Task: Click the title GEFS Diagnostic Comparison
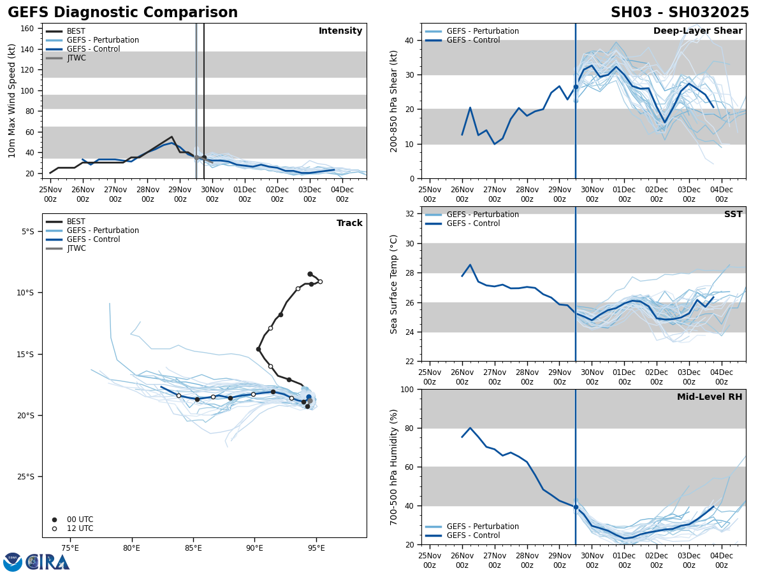(122, 13)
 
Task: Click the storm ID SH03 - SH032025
(680, 13)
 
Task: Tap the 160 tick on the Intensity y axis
(27, 29)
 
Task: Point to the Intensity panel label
(340, 31)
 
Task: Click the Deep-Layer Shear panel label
(697, 31)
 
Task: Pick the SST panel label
(733, 215)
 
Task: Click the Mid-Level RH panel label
(710, 397)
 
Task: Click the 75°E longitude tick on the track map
(70, 548)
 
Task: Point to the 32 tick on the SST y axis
(411, 214)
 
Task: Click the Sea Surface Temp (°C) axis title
(395, 284)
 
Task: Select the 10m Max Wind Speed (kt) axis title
(12, 101)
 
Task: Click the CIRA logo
(36, 562)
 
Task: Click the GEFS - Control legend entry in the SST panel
(473, 223)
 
